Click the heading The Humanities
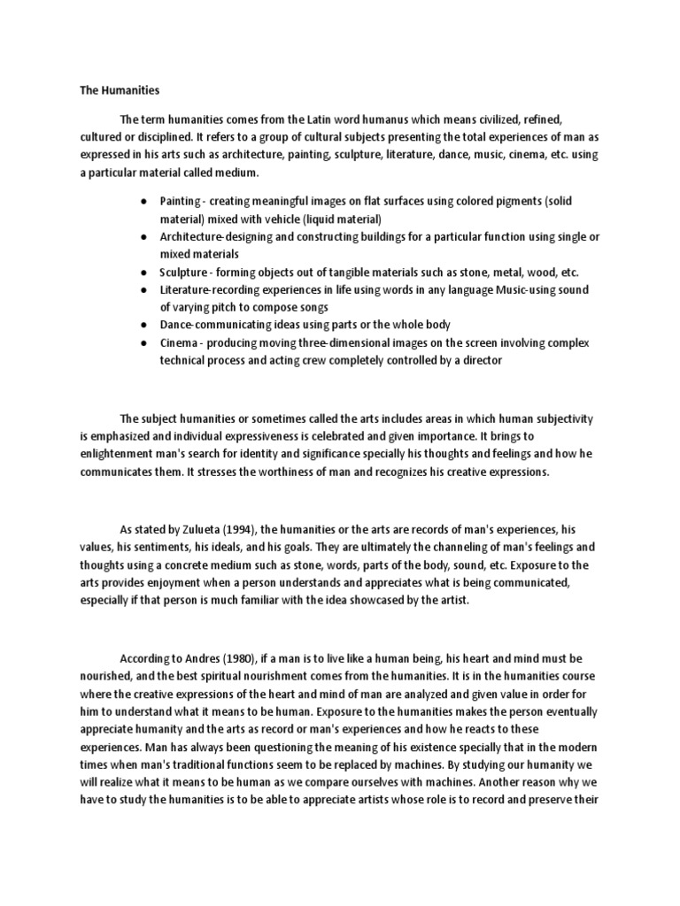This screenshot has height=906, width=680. pos(108,90)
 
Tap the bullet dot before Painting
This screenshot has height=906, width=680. pos(144,202)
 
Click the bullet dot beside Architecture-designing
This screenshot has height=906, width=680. pos(144,238)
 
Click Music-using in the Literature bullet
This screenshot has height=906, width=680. pos(520,290)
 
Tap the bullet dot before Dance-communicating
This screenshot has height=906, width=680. pos(144,326)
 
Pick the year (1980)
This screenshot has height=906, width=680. pos(246,658)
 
